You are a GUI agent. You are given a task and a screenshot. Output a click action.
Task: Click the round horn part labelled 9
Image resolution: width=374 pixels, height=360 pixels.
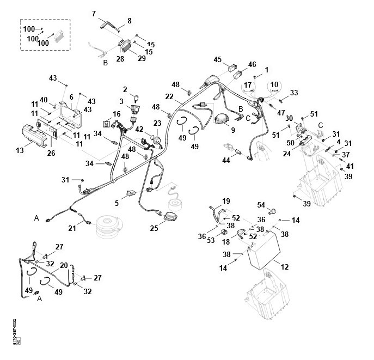tap(221, 119)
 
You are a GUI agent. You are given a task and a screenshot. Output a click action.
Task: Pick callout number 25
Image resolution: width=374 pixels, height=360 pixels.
tap(155, 229)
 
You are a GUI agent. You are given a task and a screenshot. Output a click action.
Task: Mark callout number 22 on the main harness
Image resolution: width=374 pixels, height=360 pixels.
tap(170, 96)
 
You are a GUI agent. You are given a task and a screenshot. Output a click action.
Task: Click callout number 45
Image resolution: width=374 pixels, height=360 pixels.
tap(217, 59)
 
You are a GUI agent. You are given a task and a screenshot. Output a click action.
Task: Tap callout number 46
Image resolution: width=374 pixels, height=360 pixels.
tap(252, 64)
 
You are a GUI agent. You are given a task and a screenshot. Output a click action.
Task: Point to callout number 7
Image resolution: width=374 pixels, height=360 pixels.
tap(94, 13)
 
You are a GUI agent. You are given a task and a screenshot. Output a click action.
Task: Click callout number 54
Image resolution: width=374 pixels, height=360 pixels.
tap(261, 205)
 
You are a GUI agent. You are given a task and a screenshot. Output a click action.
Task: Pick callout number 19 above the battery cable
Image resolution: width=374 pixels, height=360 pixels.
tap(226, 201)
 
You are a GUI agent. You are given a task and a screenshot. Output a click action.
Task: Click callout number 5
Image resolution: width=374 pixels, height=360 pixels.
tap(117, 203)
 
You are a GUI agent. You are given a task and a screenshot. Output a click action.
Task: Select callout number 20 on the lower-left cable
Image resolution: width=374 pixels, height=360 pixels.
tap(64, 265)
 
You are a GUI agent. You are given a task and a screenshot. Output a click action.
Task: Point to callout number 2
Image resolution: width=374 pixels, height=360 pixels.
tap(125, 89)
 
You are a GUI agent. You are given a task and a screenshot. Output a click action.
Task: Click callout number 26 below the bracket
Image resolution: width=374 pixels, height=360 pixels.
tap(51, 154)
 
